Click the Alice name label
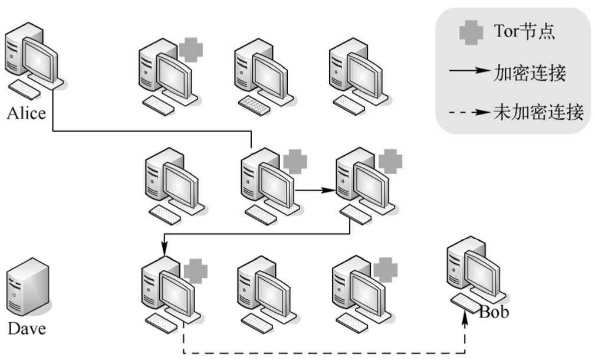tap(26, 113)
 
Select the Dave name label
tap(26, 328)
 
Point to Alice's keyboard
tap(25, 89)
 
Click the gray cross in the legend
tap(471, 32)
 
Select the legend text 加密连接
tap(529, 73)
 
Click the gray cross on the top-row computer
tap(190, 50)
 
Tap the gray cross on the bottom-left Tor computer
tap(196, 271)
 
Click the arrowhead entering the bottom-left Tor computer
tap(165, 253)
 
